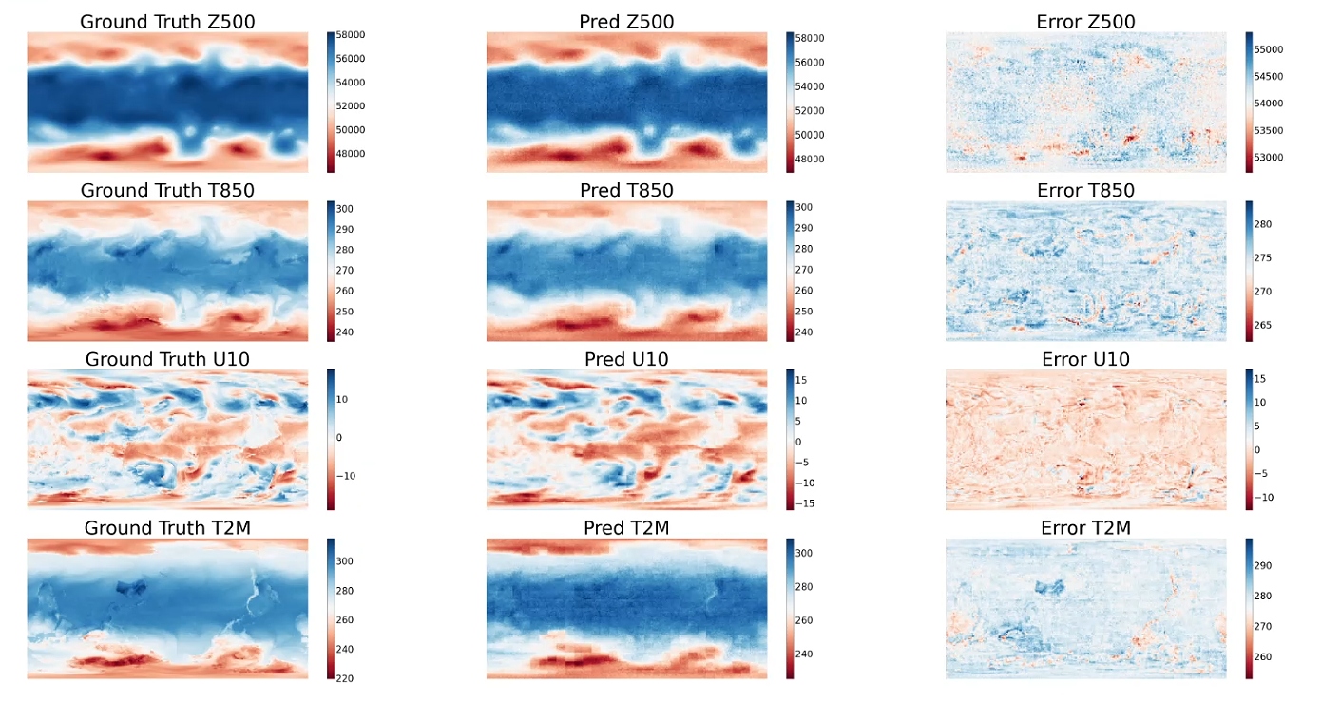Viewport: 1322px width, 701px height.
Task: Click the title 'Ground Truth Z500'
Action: tap(167, 21)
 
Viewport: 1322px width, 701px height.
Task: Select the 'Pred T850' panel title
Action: tap(626, 190)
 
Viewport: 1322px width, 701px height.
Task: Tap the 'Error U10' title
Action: tap(1086, 359)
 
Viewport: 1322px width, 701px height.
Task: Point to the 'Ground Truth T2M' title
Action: tap(167, 528)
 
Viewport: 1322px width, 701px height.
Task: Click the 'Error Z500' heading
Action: tap(1086, 21)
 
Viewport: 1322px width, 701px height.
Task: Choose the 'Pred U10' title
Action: tap(626, 359)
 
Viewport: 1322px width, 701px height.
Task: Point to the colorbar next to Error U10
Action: tap(1249, 440)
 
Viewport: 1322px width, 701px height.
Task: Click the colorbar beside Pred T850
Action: tap(790, 271)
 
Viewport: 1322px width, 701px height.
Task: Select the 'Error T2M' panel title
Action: tap(1086, 528)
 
